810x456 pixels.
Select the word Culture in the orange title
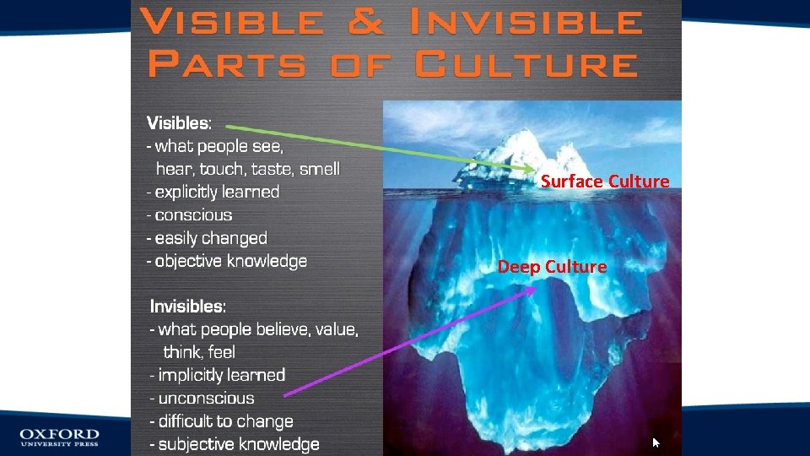coord(527,64)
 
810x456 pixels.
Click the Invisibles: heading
coord(188,306)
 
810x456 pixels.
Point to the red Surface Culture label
coord(604,182)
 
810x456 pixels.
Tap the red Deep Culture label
coord(552,267)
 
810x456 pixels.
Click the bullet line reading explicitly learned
coord(213,192)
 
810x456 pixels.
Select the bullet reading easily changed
coord(207,238)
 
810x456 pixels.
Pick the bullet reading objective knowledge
coord(226,261)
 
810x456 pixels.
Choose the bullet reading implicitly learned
coord(218,375)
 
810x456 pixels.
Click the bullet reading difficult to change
coord(221,421)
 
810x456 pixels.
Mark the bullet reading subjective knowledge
coord(235,444)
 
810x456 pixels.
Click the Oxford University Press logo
coord(60,437)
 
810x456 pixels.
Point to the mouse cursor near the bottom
coord(656,442)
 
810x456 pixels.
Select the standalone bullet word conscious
coord(193,215)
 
